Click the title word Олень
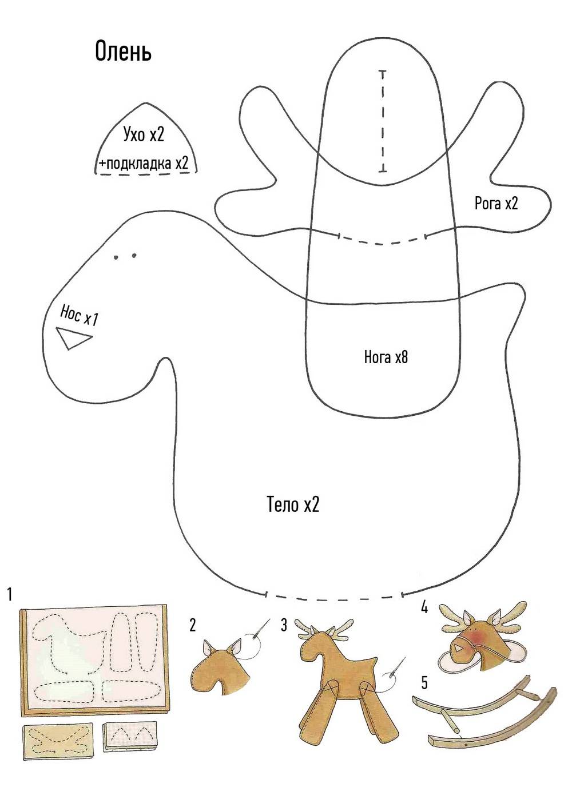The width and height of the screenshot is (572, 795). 123,51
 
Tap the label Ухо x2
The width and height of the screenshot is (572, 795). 144,134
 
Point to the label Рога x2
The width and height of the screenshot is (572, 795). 496,203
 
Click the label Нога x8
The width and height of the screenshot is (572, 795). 386,357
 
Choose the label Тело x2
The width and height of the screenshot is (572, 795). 293,504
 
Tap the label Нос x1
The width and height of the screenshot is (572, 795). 78,315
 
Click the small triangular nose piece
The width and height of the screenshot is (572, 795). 71,337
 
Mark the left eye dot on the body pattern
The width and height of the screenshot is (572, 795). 117,257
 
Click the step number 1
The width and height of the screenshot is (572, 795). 10,595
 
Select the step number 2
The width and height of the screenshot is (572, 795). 193,625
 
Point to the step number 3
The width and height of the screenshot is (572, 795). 284,625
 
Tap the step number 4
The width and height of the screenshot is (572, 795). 424,607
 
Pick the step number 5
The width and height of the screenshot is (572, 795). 424,682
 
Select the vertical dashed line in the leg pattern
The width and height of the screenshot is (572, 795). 382,121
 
